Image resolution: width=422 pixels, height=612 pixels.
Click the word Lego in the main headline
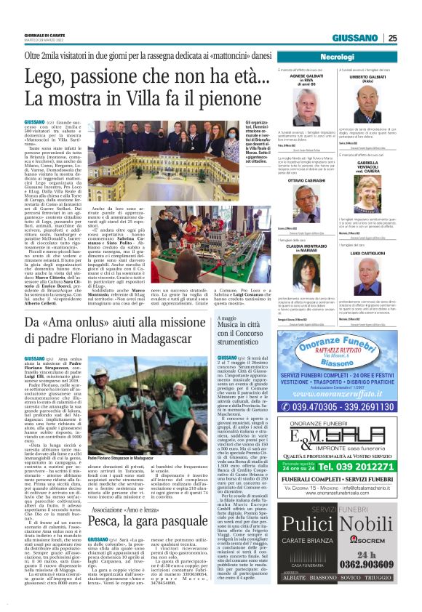click(49, 76)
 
